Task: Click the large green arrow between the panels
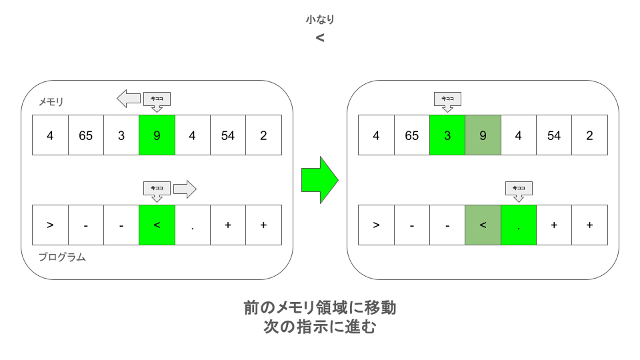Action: click(319, 180)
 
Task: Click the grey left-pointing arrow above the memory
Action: click(129, 99)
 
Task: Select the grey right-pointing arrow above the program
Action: click(185, 189)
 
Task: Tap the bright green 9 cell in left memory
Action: click(157, 135)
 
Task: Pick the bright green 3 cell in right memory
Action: click(447, 135)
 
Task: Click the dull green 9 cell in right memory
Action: click(483, 135)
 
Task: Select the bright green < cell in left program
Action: click(157, 225)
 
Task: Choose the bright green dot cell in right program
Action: click(519, 225)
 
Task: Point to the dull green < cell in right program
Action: click(483, 225)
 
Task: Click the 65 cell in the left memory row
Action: click(86, 135)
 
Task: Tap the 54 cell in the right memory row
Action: click(554, 135)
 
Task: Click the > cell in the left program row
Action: click(50, 225)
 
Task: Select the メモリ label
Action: click(51, 101)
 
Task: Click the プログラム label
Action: click(62, 257)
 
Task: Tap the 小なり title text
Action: click(320, 19)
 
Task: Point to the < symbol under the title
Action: click(320, 38)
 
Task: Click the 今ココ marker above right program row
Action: click(519, 191)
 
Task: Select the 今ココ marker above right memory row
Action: click(447, 101)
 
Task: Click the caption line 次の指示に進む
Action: click(319, 327)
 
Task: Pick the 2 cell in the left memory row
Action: click(264, 135)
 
